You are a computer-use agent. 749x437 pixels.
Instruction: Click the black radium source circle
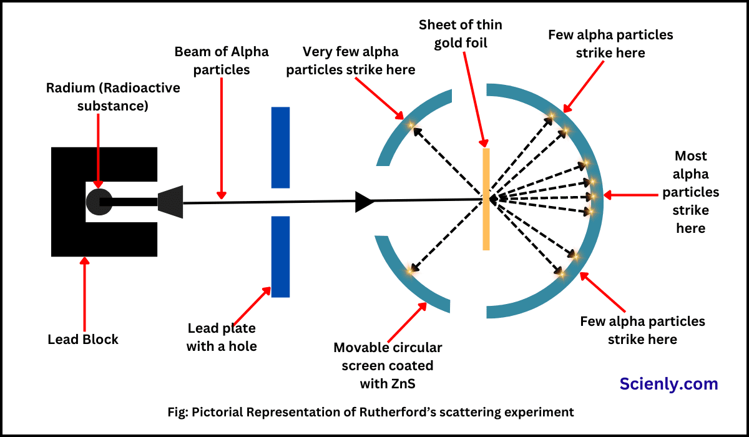(98, 201)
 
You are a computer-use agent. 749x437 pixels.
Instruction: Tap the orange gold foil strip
(486, 200)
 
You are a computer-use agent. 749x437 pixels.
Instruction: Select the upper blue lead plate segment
(280, 147)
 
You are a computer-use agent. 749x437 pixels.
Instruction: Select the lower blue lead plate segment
(280, 257)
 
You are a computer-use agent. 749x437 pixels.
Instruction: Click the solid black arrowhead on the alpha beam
(364, 202)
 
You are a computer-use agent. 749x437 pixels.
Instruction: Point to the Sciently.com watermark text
(668, 383)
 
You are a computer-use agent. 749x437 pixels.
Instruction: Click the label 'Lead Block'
(83, 340)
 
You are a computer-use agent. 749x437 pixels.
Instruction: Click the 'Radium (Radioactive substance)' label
(113, 97)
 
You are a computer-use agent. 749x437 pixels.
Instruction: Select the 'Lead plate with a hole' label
(222, 336)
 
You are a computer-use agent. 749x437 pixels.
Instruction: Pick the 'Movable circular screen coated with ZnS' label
(388, 365)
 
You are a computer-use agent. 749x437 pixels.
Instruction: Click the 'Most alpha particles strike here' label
(690, 192)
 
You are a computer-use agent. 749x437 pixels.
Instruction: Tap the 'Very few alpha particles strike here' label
(350, 61)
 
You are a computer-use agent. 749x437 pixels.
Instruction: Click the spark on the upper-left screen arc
(411, 125)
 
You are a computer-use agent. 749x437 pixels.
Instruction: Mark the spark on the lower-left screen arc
(411, 270)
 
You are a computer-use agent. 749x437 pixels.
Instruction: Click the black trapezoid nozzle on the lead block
(170, 202)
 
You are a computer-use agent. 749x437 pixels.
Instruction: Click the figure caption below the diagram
(374, 412)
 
